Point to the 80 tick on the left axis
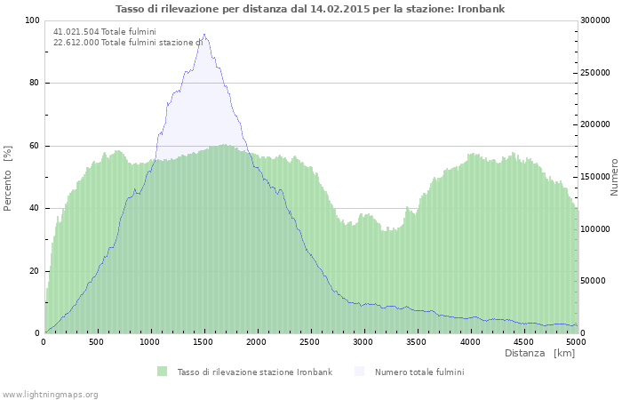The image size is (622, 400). pos(34,84)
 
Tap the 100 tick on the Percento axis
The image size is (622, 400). pos(31,20)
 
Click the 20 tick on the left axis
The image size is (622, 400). pos(34,271)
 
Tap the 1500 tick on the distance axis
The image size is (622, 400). pos(203,341)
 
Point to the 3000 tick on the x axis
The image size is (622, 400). pos(363,341)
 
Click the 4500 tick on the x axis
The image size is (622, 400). pos(522,341)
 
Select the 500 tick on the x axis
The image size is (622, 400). pos(97,341)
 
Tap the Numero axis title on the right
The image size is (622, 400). pos(613,177)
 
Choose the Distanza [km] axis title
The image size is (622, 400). pos(539,354)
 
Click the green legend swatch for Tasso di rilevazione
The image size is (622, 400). pos(162,372)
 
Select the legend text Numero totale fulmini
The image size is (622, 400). pos(419,372)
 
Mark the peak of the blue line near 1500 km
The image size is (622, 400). pos(204,35)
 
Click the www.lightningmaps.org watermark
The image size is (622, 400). pos(50,394)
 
